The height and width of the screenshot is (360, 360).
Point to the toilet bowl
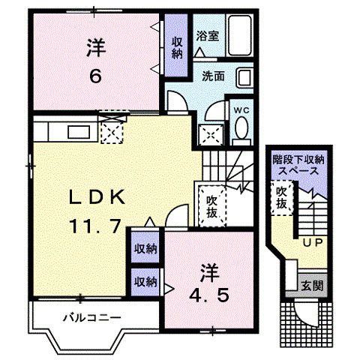241,130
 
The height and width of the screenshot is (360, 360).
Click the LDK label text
97,198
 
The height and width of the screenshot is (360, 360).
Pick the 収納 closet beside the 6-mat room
176,48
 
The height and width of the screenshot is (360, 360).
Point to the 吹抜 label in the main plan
211,206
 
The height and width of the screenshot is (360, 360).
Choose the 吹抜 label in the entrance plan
280,199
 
